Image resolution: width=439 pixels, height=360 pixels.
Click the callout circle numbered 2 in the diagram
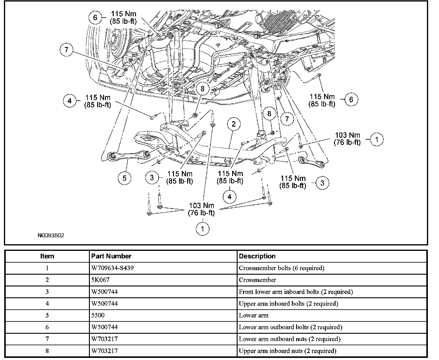(x=234, y=124)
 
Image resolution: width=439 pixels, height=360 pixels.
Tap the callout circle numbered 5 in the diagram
(x=125, y=178)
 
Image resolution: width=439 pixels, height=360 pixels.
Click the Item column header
(x=47, y=256)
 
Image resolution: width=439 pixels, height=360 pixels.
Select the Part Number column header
(x=111, y=256)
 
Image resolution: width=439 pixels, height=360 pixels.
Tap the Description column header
(x=257, y=256)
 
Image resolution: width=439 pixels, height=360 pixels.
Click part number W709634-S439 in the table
(x=112, y=268)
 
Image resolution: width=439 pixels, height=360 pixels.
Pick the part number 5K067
(x=100, y=280)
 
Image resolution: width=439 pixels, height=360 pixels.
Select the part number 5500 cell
(x=98, y=315)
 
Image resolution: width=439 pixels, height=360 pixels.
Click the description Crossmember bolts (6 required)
(x=282, y=268)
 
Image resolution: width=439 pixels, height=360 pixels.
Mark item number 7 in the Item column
(x=47, y=339)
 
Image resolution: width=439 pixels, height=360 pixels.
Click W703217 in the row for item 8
(x=104, y=351)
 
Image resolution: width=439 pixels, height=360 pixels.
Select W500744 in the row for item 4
(x=104, y=304)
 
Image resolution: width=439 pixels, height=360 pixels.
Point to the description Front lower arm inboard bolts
(x=296, y=292)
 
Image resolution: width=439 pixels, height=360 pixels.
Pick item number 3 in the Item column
(x=47, y=292)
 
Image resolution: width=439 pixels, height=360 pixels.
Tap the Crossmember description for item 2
(x=257, y=280)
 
